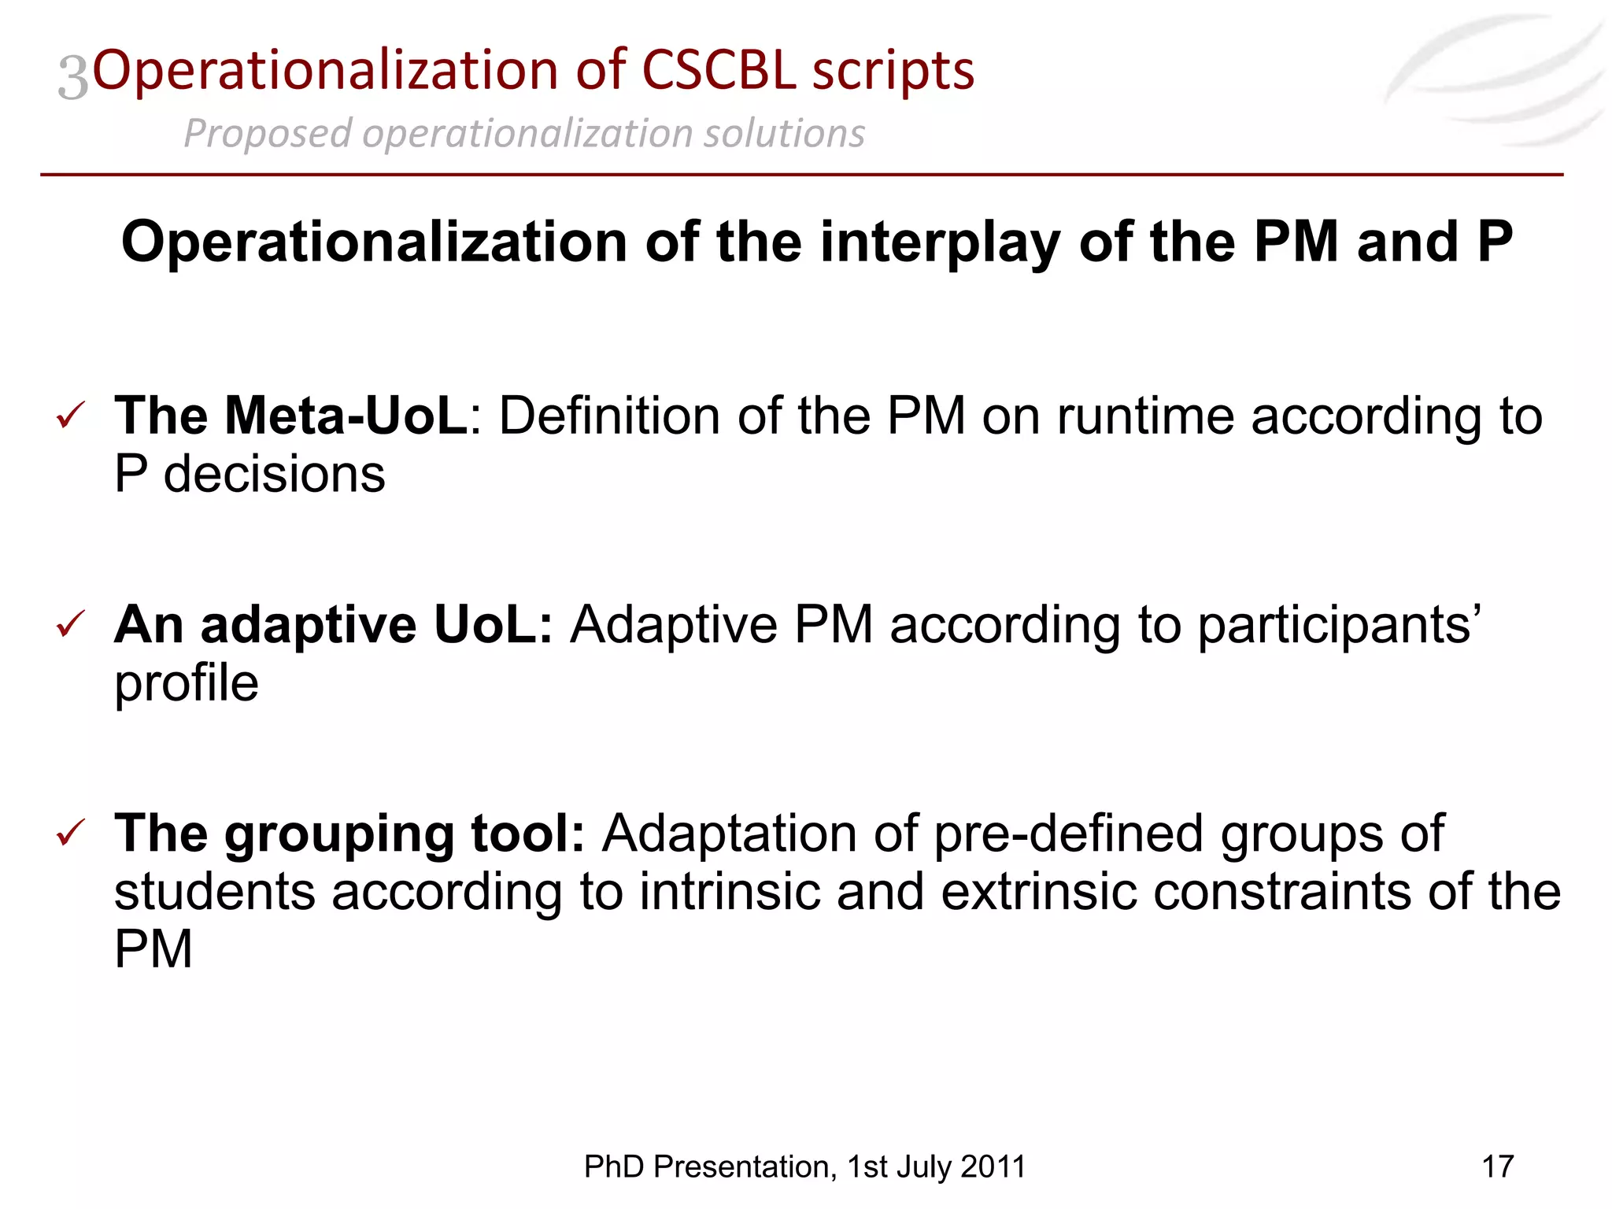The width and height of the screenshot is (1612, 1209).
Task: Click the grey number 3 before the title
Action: [73, 77]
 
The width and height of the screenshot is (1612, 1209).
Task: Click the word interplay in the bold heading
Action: [940, 242]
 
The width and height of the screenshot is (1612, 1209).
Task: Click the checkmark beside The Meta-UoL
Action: [71, 416]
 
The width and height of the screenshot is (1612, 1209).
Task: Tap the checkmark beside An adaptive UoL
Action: [71, 625]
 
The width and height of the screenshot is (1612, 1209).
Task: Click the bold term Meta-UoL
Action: [346, 415]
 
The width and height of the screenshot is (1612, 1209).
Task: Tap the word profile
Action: [186, 683]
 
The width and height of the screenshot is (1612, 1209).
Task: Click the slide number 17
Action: [1497, 1166]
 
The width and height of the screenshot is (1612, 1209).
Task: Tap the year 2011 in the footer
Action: [993, 1166]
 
